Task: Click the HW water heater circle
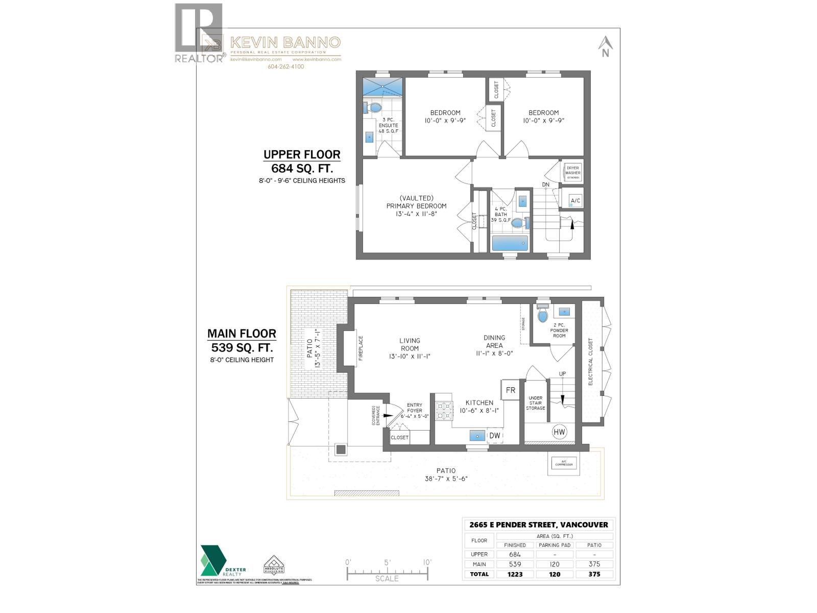[560, 432]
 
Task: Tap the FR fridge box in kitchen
[511, 390]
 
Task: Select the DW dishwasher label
[494, 435]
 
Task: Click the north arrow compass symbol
[606, 46]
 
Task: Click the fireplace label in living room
[361, 348]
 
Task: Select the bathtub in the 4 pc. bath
[510, 243]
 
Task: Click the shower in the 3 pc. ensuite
[382, 87]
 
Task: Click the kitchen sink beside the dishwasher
[477, 436]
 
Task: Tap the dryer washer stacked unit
[573, 173]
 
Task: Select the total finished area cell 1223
[515, 574]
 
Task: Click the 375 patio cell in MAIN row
[594, 564]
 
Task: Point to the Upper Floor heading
[302, 154]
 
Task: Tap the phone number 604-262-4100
[285, 66]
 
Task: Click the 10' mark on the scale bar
[427, 562]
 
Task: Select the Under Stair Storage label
[536, 403]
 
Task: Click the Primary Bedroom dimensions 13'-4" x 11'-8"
[416, 214]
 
